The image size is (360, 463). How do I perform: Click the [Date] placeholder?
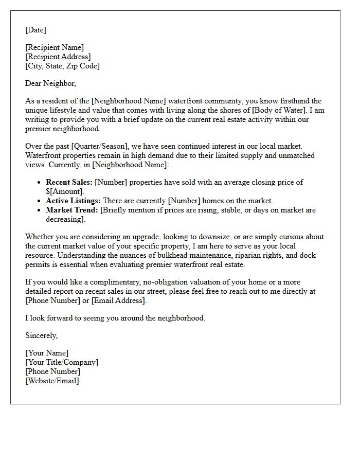pyautogui.click(x=35, y=30)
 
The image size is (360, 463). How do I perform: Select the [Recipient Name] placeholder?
pyautogui.click(x=55, y=48)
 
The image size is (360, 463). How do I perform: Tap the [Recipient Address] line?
pyautogui.click(x=58, y=57)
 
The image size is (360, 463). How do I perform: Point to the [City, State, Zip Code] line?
pyautogui.click(x=62, y=66)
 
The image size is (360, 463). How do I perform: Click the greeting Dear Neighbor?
pyautogui.click(x=50, y=83)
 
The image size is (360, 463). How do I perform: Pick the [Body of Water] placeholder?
pyautogui.click(x=292, y=111)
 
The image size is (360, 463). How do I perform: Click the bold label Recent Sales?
pyautogui.click(x=69, y=182)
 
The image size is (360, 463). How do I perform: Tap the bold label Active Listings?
pyautogui.click(x=73, y=201)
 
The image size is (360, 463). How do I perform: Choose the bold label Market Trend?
pyautogui.click(x=71, y=210)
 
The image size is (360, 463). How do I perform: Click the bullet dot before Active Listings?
pyautogui.click(x=40, y=201)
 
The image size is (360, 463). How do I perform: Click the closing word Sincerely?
pyautogui.click(x=41, y=335)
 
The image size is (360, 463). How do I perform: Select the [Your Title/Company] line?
pyautogui.click(x=62, y=362)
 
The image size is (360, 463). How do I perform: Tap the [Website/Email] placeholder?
pyautogui.click(x=52, y=381)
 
